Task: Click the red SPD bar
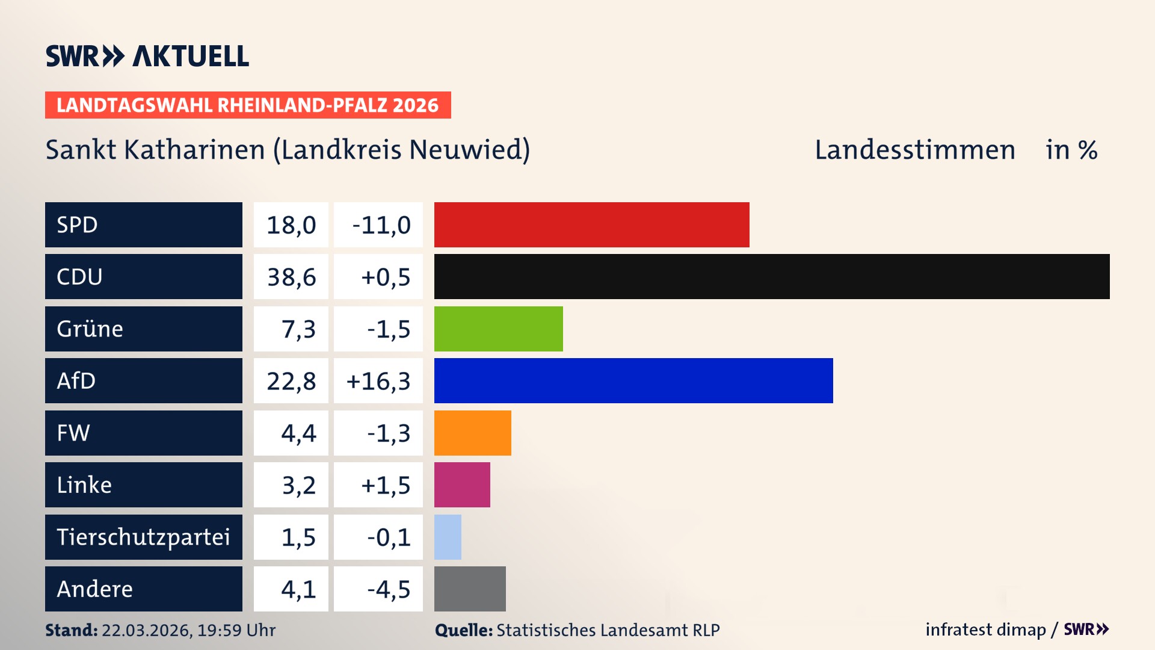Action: point(591,224)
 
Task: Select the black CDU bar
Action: point(772,277)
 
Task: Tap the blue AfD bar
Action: point(633,380)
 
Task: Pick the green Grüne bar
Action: point(498,329)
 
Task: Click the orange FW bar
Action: point(472,433)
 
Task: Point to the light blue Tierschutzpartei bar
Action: point(448,537)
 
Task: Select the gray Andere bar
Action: point(470,589)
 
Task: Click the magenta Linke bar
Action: point(462,484)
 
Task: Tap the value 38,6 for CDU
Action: point(291,277)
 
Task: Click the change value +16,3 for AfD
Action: point(378,381)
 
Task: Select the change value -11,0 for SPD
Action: point(381,225)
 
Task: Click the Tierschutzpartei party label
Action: point(143,537)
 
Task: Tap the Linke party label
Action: point(84,485)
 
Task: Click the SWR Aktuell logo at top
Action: point(147,56)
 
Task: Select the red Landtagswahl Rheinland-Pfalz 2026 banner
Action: point(248,105)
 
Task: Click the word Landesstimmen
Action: point(914,150)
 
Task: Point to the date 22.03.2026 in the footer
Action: point(146,630)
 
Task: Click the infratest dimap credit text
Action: point(985,630)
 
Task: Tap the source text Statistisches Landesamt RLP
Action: point(608,630)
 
